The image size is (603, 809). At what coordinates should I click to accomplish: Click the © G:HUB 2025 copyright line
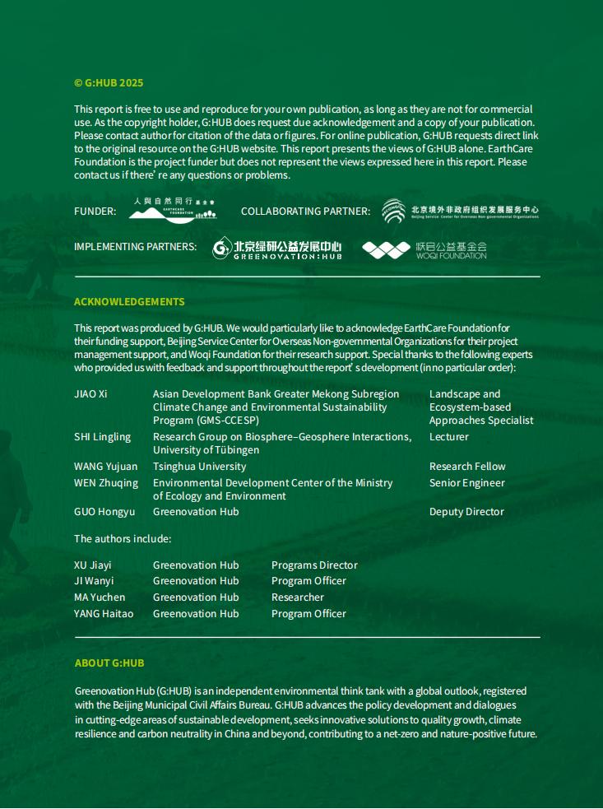(109, 83)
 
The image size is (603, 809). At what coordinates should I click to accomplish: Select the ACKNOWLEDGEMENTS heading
(129, 302)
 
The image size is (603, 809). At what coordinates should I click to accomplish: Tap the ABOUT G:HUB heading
(109, 663)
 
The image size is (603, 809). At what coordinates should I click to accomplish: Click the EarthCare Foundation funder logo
(173, 210)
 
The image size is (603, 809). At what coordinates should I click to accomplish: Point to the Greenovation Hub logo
(276, 249)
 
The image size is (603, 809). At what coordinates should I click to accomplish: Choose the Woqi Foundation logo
(424, 249)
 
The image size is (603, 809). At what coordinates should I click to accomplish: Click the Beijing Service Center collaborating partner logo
(460, 211)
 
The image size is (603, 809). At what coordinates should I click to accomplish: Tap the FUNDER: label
(95, 212)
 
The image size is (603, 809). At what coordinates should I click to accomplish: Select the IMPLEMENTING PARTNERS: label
(135, 247)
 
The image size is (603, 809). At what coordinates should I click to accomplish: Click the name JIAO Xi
(90, 394)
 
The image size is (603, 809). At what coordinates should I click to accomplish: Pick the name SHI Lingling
(102, 437)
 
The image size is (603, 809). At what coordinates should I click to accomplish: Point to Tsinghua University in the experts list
(199, 467)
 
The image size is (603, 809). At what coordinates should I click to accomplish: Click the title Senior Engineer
(467, 483)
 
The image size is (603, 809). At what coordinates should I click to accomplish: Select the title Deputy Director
(466, 512)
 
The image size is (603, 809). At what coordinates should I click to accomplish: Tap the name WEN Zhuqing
(106, 483)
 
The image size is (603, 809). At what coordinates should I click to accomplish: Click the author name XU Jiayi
(93, 565)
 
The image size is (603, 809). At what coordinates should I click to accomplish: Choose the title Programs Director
(314, 565)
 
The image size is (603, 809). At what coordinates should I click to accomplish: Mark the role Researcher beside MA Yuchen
(298, 597)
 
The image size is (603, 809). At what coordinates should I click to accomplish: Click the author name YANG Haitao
(104, 614)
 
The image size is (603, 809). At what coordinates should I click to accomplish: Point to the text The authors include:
(123, 539)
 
